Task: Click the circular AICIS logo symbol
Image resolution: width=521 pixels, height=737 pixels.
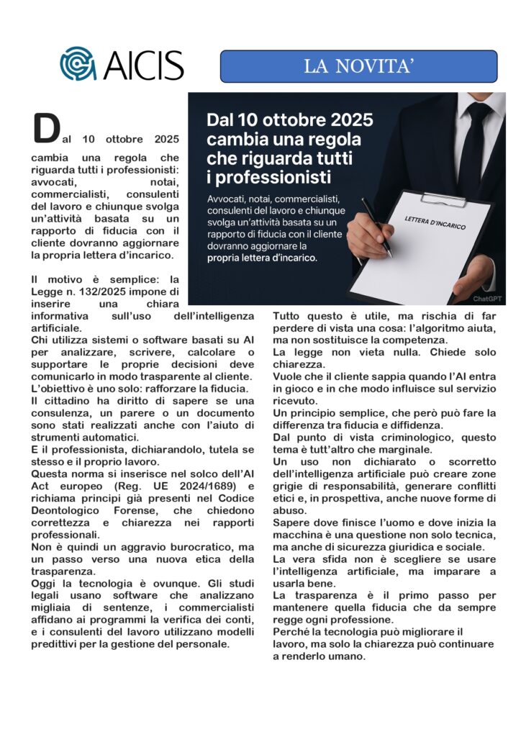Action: [77, 63]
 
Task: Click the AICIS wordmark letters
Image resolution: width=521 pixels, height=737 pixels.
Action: [143, 65]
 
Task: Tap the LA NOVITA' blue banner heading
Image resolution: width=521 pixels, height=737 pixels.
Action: [358, 66]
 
